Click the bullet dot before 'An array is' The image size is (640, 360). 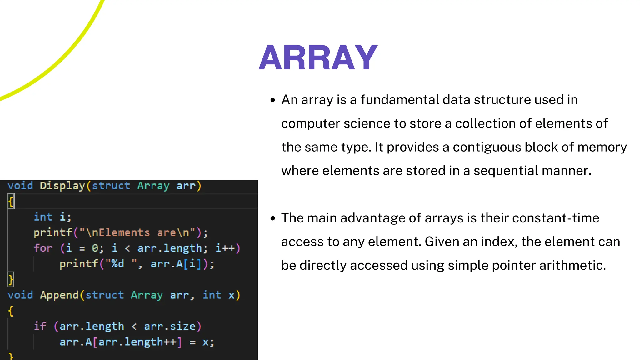[x=273, y=100]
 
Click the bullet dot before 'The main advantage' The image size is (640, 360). [x=273, y=218]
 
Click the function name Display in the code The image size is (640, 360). [x=62, y=186]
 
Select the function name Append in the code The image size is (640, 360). [x=59, y=295]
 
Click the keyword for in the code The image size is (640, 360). [x=43, y=248]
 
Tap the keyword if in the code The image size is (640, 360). [x=40, y=327]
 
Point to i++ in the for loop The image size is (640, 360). [x=225, y=248]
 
